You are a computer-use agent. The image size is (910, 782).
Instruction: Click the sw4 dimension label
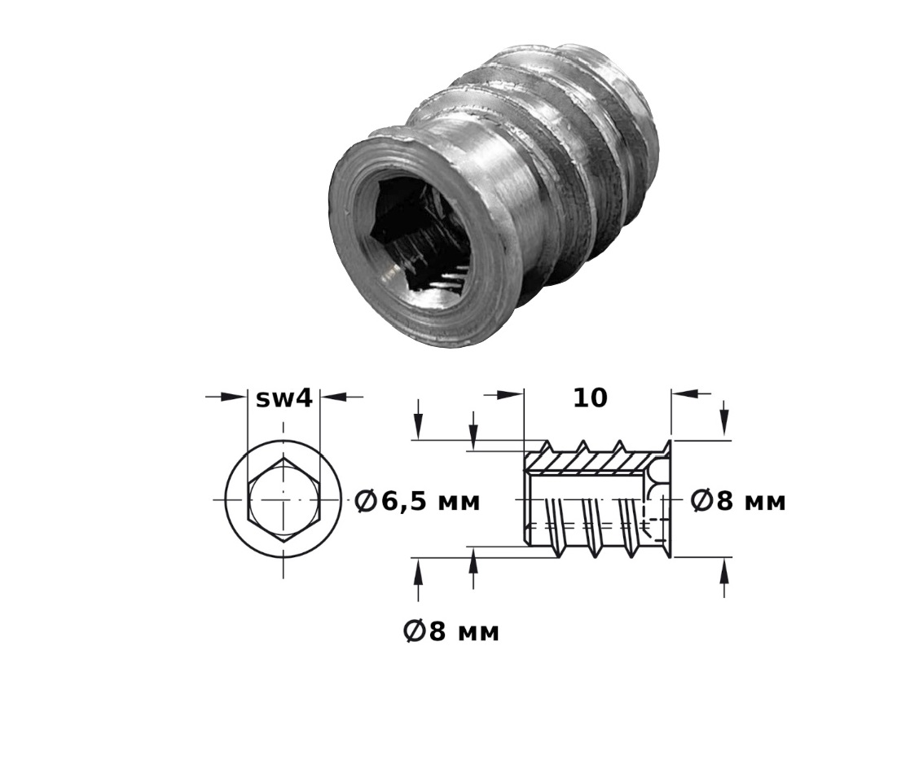pos(284,398)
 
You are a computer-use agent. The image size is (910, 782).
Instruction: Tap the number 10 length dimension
pos(590,398)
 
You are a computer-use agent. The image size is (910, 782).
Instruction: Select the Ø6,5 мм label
pos(417,502)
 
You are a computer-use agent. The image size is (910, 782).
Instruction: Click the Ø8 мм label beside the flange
pos(737,501)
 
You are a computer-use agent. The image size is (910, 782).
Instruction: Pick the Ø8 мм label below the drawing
pos(451,631)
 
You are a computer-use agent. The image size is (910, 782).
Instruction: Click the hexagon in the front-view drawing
pos(284,499)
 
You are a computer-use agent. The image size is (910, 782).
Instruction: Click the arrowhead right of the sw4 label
pos(333,397)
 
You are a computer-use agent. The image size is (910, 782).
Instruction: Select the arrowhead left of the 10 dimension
pos(511,394)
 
